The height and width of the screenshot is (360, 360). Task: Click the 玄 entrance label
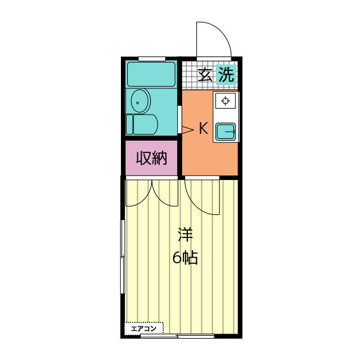tap(205, 74)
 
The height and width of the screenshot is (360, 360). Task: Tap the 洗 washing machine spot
tap(226, 74)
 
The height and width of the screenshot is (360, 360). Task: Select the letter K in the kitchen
tap(204, 128)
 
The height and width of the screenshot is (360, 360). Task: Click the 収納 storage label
tap(151, 158)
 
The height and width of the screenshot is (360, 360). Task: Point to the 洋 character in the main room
tap(185, 235)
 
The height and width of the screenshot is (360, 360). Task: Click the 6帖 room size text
tap(185, 258)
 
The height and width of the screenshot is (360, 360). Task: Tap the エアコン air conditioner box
tap(144, 328)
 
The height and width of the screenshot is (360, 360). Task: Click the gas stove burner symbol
tap(225, 101)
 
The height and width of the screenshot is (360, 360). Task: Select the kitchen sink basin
tap(226, 131)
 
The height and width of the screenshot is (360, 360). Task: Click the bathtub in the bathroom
tap(151, 74)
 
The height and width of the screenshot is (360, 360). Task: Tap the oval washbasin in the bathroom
tap(140, 101)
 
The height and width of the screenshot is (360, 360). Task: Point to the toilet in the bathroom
tap(142, 124)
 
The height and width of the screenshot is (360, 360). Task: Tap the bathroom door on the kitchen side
tap(180, 119)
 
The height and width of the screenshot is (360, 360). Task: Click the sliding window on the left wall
tap(123, 256)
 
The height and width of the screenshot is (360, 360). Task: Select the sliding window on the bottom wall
tap(177, 336)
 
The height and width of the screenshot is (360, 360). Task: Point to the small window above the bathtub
tap(152, 58)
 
